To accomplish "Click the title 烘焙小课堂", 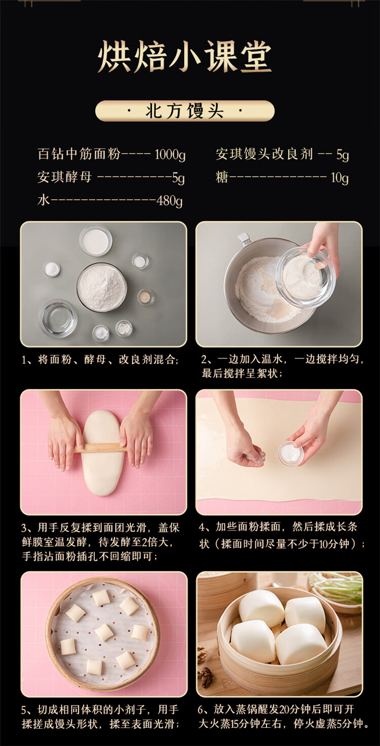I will tap(185, 57).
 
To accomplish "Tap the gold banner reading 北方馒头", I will tap(185, 111).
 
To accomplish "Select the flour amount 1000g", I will tap(170, 154).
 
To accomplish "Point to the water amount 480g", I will tap(169, 200).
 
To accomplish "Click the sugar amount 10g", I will tap(339, 178).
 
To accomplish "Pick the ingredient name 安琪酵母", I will tap(64, 177).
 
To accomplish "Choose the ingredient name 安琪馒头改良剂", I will tap(264, 154).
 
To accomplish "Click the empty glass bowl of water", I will tap(58, 318).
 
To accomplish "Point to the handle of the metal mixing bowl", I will tap(244, 238).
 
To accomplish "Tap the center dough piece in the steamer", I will tap(104, 632).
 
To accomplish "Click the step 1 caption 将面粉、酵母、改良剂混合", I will tap(100, 360).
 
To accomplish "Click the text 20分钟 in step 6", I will tap(285, 710).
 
